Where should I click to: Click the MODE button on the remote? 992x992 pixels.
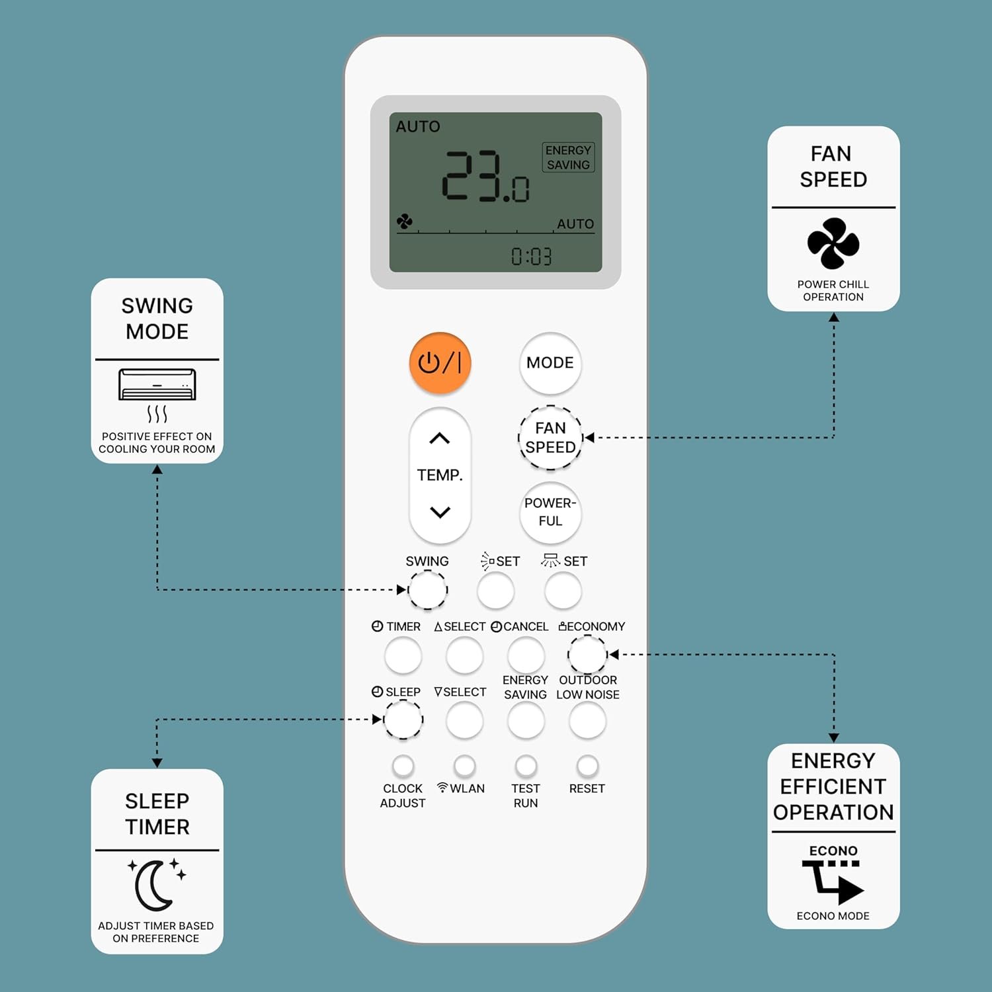[x=550, y=363]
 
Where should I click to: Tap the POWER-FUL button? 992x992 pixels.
[x=550, y=513]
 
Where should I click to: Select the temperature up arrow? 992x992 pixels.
[x=440, y=438]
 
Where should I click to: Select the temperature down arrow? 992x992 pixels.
[x=440, y=512]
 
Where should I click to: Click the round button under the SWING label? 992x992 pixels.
[x=427, y=590]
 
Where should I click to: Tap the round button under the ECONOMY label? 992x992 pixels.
[x=587, y=655]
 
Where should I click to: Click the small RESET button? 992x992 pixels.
[x=587, y=766]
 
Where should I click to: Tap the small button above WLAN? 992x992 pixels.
[x=464, y=766]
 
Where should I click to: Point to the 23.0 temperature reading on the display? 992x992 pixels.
[x=486, y=176]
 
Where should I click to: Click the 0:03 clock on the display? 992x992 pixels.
[x=532, y=257]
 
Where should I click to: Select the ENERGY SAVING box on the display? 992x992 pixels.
[x=568, y=157]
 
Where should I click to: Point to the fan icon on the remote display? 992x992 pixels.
[x=404, y=222]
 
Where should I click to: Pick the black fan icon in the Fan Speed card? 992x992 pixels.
[x=833, y=243]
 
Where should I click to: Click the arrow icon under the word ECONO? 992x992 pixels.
[x=833, y=882]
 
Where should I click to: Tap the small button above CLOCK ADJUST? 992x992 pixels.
[x=403, y=766]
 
